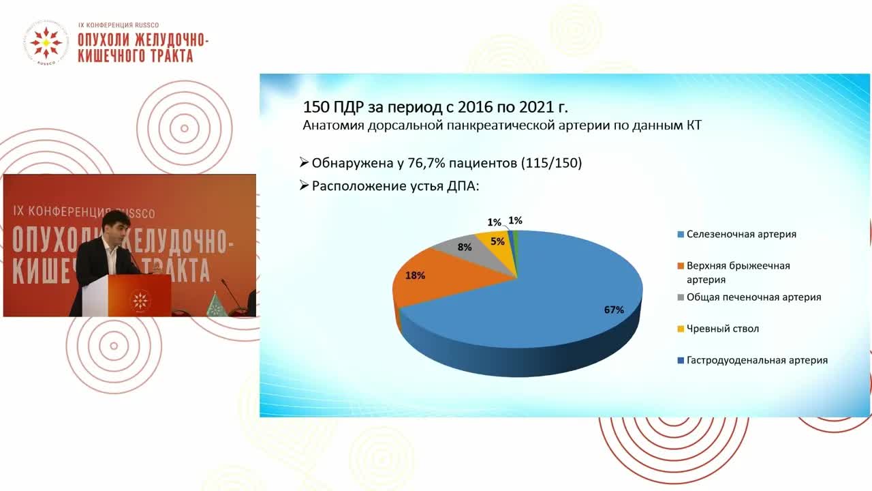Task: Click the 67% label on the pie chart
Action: click(x=614, y=310)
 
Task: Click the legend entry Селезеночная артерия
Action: click(x=737, y=234)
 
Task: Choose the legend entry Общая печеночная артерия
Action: click(x=749, y=297)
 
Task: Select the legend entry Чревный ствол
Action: click(x=718, y=329)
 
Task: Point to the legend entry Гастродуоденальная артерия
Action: click(x=753, y=361)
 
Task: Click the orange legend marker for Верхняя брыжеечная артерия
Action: click(x=681, y=266)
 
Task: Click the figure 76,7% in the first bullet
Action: click(x=426, y=163)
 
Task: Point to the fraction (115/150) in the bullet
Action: click(x=552, y=163)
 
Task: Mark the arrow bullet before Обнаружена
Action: click(x=304, y=162)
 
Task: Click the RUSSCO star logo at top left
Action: click(x=46, y=42)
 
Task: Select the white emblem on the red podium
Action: click(x=140, y=301)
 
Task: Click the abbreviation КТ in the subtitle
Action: click(x=694, y=125)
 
